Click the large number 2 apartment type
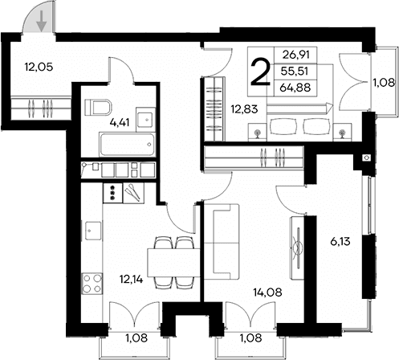pos(261,72)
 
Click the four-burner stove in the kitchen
pos(91,282)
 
